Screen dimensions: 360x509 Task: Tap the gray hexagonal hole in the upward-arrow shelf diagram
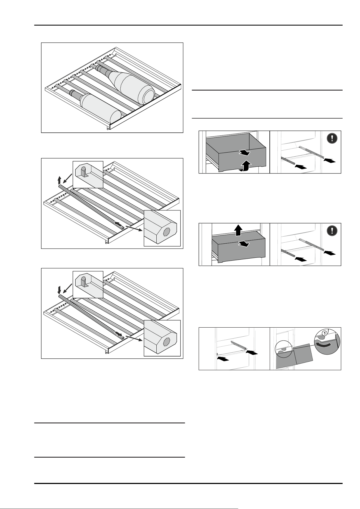(x=166, y=232)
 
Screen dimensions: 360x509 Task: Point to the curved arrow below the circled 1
(x=324, y=345)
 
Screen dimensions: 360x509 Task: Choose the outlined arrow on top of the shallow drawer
(x=244, y=244)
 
